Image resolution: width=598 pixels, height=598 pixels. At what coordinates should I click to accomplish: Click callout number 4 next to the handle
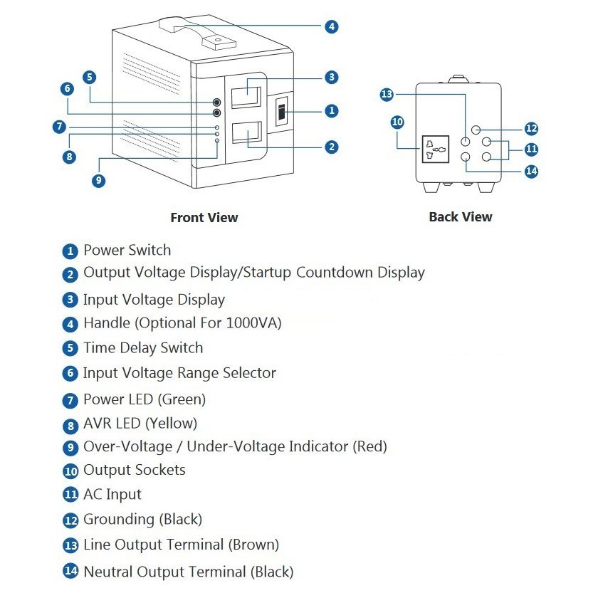click(x=331, y=27)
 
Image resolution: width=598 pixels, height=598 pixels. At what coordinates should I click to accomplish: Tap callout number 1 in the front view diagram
click(x=331, y=111)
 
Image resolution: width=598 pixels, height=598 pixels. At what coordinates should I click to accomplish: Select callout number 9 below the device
click(x=99, y=181)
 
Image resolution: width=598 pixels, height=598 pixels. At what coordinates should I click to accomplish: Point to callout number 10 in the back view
click(x=397, y=122)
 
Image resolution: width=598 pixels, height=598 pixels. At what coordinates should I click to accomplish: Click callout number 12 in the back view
click(x=531, y=129)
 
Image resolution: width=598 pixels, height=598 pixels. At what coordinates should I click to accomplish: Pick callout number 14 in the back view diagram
click(x=531, y=171)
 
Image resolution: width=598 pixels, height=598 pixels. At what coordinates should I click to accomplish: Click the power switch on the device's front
click(x=281, y=112)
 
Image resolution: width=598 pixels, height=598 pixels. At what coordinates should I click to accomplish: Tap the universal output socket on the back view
click(x=436, y=149)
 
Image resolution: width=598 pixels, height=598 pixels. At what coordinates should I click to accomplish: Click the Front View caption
click(x=204, y=218)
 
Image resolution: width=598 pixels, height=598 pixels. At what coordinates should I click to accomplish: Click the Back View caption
click(x=461, y=217)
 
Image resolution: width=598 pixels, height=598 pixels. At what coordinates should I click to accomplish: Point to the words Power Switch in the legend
click(x=127, y=251)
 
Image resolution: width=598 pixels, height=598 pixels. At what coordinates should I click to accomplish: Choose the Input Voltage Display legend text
click(x=154, y=300)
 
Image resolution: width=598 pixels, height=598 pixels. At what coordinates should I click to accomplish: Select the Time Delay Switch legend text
click(x=143, y=348)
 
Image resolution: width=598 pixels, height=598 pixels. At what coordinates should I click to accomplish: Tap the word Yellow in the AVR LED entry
click(x=172, y=424)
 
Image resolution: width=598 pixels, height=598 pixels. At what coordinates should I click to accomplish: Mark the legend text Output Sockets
click(x=135, y=471)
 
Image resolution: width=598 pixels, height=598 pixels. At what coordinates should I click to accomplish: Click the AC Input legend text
click(x=112, y=495)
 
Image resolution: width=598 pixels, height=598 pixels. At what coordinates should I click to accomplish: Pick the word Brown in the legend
click(x=253, y=545)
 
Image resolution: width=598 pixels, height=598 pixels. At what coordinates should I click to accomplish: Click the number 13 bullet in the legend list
click(x=70, y=546)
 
